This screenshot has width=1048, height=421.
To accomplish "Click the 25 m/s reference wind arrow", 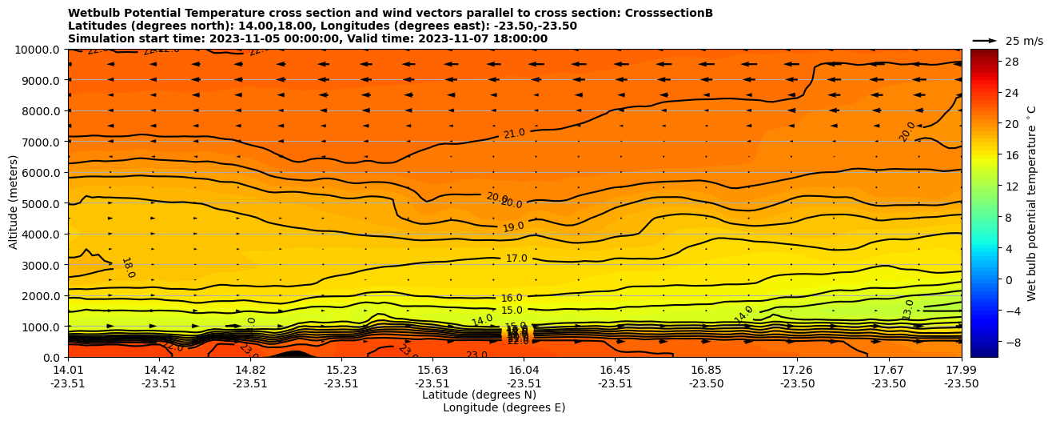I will coord(984,41).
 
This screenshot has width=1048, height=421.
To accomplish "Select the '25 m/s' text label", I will coord(1024,41).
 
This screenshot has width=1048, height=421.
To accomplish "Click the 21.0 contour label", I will coord(514,134).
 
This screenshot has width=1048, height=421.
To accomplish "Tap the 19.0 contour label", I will coord(513,227).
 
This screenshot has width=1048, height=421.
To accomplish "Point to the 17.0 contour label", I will coord(516,259).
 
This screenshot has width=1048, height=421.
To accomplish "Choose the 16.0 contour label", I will coord(512,298).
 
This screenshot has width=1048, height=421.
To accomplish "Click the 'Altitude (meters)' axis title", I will coord(14,203).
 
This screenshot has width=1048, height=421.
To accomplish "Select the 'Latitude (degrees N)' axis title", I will coord(479,395).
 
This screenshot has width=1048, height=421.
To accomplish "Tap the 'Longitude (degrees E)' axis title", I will coord(504,407).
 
